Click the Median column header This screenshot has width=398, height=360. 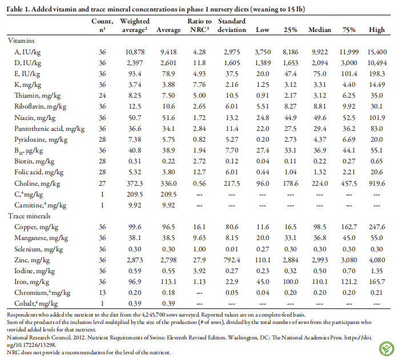[x=320, y=30]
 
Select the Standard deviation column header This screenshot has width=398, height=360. [x=232, y=25]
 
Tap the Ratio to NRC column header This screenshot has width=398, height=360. [x=199, y=25]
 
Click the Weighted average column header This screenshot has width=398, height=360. [x=135, y=25]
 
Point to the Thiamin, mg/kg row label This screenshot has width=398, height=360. [x=37, y=95]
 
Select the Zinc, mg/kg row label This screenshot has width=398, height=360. [x=32, y=260]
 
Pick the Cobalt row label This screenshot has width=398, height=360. [x=36, y=303]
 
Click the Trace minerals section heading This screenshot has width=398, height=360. [x=29, y=216]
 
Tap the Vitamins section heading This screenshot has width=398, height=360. [x=21, y=41]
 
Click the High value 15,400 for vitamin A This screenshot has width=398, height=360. [x=377, y=52]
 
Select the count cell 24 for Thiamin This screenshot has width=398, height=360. [x=102, y=95]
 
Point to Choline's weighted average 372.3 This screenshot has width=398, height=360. [x=135, y=183]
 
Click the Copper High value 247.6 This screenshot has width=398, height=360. [x=377, y=227]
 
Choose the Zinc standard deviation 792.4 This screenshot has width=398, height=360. [x=232, y=260]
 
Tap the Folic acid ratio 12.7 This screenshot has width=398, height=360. [x=199, y=172]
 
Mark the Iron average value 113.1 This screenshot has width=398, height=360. [x=168, y=282]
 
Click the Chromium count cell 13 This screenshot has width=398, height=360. [x=102, y=293]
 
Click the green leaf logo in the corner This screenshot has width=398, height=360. [x=387, y=349]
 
